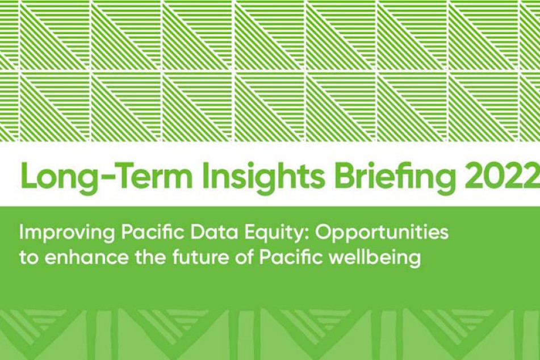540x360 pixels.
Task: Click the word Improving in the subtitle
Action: tap(67, 233)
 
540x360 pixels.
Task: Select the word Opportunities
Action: tap(382, 234)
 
